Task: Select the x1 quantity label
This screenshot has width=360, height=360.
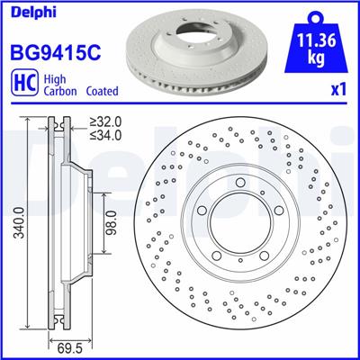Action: pyautogui.click(x=340, y=91)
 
